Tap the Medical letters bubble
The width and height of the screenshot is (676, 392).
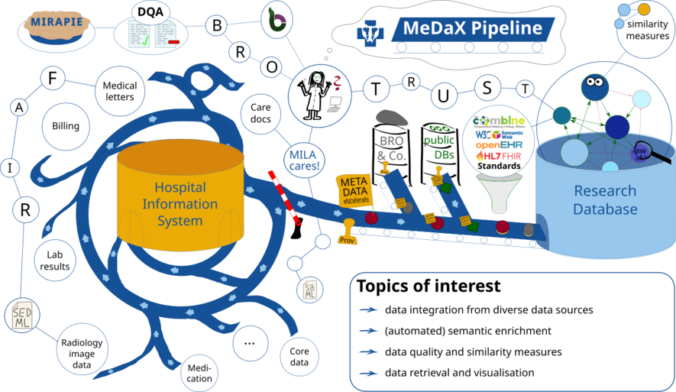click(119, 92)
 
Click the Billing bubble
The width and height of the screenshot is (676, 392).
click(66, 126)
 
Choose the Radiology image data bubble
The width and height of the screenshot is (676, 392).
click(81, 353)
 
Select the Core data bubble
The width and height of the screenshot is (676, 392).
click(299, 355)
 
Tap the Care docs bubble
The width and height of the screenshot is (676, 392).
click(260, 113)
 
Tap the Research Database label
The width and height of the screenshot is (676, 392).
click(606, 200)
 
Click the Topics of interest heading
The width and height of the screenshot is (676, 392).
click(429, 287)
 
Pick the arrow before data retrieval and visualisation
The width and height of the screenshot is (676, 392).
click(370, 373)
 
